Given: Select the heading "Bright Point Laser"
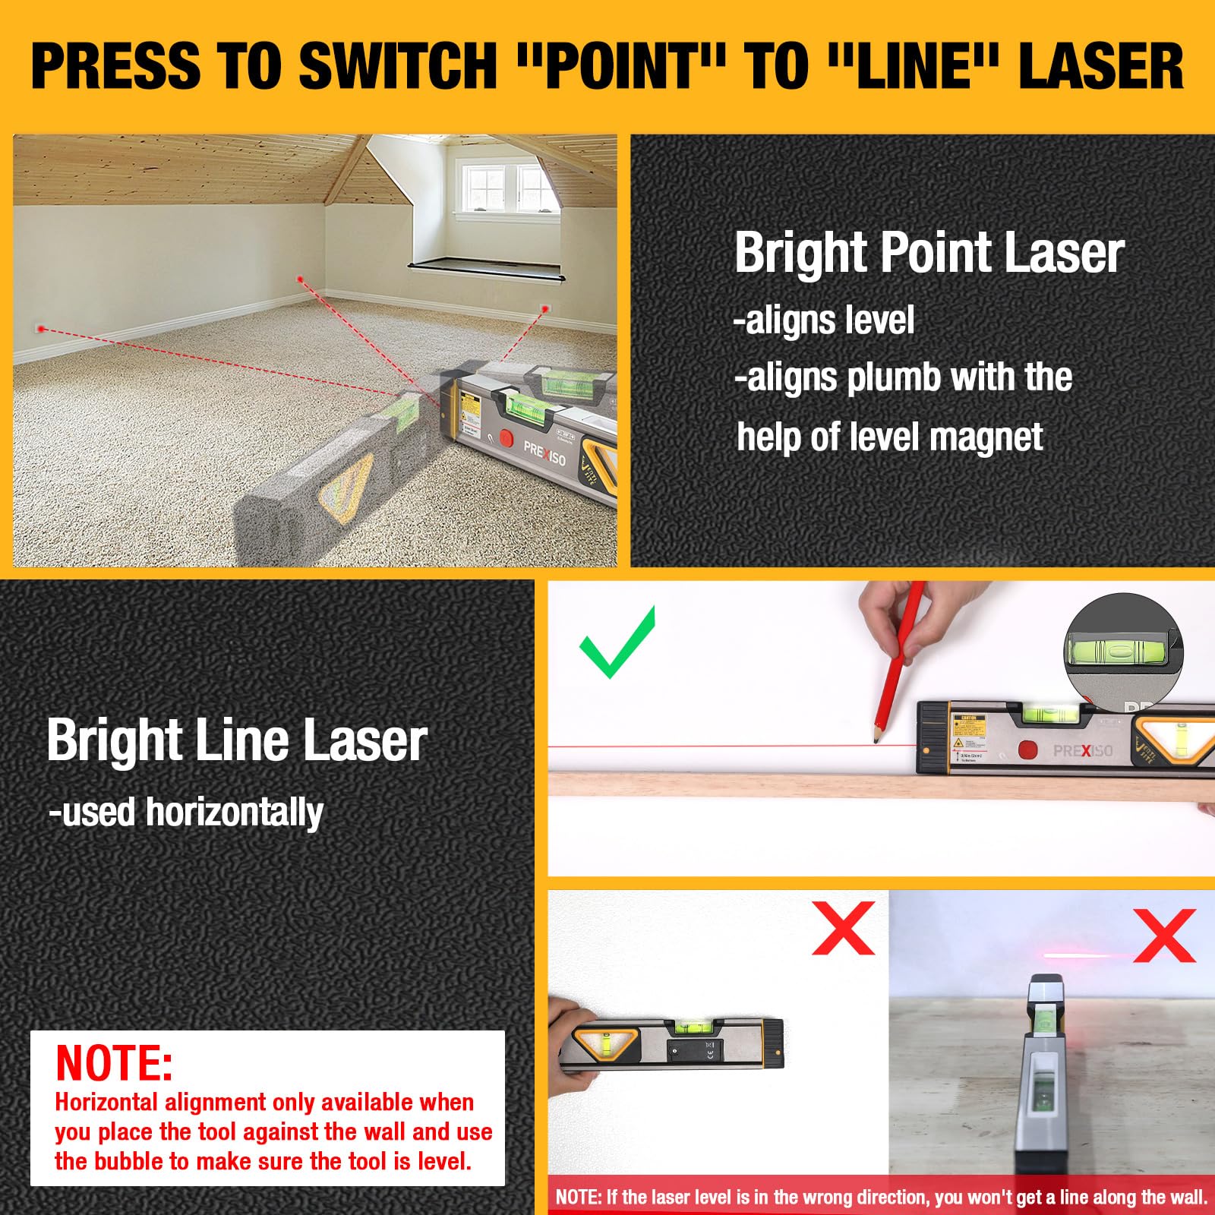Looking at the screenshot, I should [928, 253].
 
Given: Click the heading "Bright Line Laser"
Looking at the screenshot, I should [236, 740].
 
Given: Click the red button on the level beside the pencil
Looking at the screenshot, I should [1027, 750].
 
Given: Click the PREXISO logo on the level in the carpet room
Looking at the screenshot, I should [544, 453].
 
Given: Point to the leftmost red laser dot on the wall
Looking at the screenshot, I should [42, 329].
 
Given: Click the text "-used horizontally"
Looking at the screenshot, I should [186, 813].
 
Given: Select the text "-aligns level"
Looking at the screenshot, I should [824, 320].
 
